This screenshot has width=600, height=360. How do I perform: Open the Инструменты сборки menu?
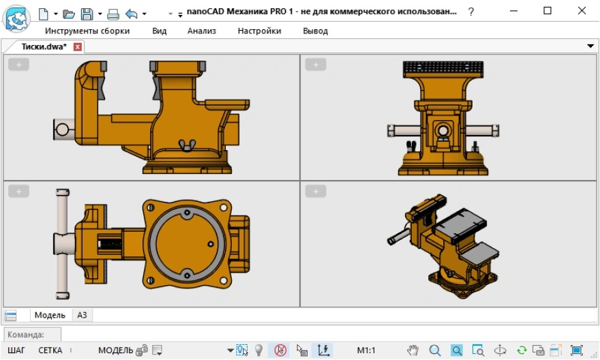pos(87,31)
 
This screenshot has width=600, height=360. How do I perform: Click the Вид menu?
pos(159,31)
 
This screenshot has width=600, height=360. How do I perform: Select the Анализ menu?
pos(202,31)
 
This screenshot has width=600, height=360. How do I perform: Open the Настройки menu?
pos(259,31)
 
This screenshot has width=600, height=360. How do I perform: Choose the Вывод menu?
pos(315,31)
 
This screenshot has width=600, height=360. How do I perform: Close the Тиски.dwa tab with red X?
pos(78,47)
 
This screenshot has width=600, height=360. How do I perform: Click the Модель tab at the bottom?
pos(50,315)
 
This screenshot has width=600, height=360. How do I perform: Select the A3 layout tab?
pos(82,315)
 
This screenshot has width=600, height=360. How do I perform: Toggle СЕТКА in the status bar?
pos(50,350)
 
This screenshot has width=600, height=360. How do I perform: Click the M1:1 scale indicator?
pos(366,350)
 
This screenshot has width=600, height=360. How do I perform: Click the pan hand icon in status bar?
pos(412,350)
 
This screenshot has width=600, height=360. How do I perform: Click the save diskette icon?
pos(87,13)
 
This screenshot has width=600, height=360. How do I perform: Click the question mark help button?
pos(471,12)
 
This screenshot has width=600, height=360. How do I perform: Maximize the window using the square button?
pos(547,11)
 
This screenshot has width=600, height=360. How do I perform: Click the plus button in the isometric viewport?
pos(316,192)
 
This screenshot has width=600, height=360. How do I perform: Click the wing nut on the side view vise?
pos(183,144)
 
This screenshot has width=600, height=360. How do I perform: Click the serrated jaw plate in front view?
pos(443,68)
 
